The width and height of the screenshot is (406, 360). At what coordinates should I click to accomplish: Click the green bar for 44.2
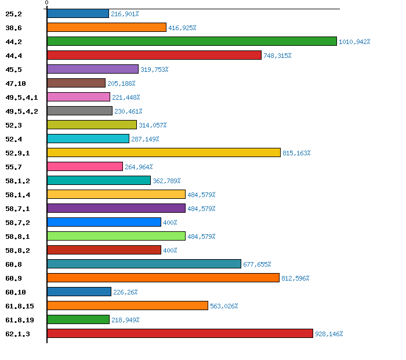tap(191, 41)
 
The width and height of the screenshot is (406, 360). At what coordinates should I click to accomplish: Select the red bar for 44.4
tap(154, 55)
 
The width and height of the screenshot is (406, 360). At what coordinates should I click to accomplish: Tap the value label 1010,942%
tap(354, 42)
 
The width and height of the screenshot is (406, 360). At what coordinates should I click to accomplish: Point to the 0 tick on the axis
tap(47, 3)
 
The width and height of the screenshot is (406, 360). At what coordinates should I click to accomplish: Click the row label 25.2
tap(13, 14)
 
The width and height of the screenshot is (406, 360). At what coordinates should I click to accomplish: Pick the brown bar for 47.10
tap(76, 83)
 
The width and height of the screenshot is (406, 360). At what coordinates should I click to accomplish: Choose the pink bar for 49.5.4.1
tap(78, 97)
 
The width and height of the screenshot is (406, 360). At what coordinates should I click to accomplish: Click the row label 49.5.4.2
tap(21, 111)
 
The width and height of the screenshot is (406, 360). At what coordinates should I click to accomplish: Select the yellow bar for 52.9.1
tap(164, 152)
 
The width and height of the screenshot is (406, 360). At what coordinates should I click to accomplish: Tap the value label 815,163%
tap(296, 153)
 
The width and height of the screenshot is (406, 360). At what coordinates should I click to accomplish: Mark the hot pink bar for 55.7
tap(85, 166)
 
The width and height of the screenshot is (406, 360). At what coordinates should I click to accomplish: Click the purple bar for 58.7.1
tap(116, 208)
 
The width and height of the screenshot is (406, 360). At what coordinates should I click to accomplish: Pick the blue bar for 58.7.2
tap(104, 222)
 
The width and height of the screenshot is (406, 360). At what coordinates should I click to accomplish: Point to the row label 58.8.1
tap(17, 237)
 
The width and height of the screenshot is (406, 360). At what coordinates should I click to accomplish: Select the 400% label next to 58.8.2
tap(170, 250)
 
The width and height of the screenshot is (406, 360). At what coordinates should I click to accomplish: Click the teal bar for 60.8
tap(144, 264)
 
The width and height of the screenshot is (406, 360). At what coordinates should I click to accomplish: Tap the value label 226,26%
tap(125, 292)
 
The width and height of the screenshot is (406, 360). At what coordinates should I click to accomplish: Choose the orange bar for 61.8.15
tap(127, 306)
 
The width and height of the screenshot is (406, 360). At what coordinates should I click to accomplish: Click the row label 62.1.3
tap(17, 334)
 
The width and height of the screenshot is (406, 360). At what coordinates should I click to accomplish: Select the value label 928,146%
tap(329, 334)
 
